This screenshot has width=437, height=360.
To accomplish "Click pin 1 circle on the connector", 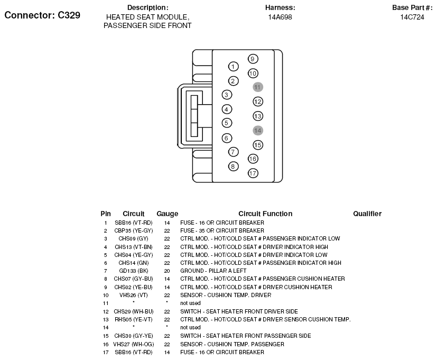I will [x=233, y=67].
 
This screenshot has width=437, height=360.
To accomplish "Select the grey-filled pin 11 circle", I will [x=258, y=87].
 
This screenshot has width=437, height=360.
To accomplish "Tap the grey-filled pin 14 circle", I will [x=258, y=130].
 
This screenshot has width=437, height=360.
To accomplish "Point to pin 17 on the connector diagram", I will [x=253, y=173].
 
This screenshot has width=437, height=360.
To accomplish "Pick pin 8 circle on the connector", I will [x=233, y=166].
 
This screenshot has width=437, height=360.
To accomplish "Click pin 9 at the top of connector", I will [x=253, y=59].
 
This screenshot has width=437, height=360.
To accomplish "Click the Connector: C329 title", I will [x=42, y=15].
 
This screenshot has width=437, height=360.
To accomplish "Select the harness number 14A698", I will [x=280, y=17].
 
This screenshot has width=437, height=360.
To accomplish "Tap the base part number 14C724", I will [x=412, y=17].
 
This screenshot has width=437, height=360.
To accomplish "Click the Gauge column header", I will [x=167, y=214].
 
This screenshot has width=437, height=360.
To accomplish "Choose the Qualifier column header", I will [x=367, y=214].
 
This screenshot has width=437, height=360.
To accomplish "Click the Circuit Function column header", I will [x=265, y=214].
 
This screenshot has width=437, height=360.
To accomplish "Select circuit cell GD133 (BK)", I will [x=133, y=271].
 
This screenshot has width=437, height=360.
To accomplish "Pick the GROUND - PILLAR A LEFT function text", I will [x=213, y=271].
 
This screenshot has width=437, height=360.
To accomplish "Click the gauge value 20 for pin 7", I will [x=167, y=271].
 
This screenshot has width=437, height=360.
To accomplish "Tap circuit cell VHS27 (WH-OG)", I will [x=133, y=344].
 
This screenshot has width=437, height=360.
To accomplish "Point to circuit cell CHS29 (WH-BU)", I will [x=133, y=312].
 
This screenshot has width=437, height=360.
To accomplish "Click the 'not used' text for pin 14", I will [x=190, y=328].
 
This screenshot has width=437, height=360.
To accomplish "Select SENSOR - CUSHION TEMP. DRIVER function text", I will [x=226, y=295].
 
